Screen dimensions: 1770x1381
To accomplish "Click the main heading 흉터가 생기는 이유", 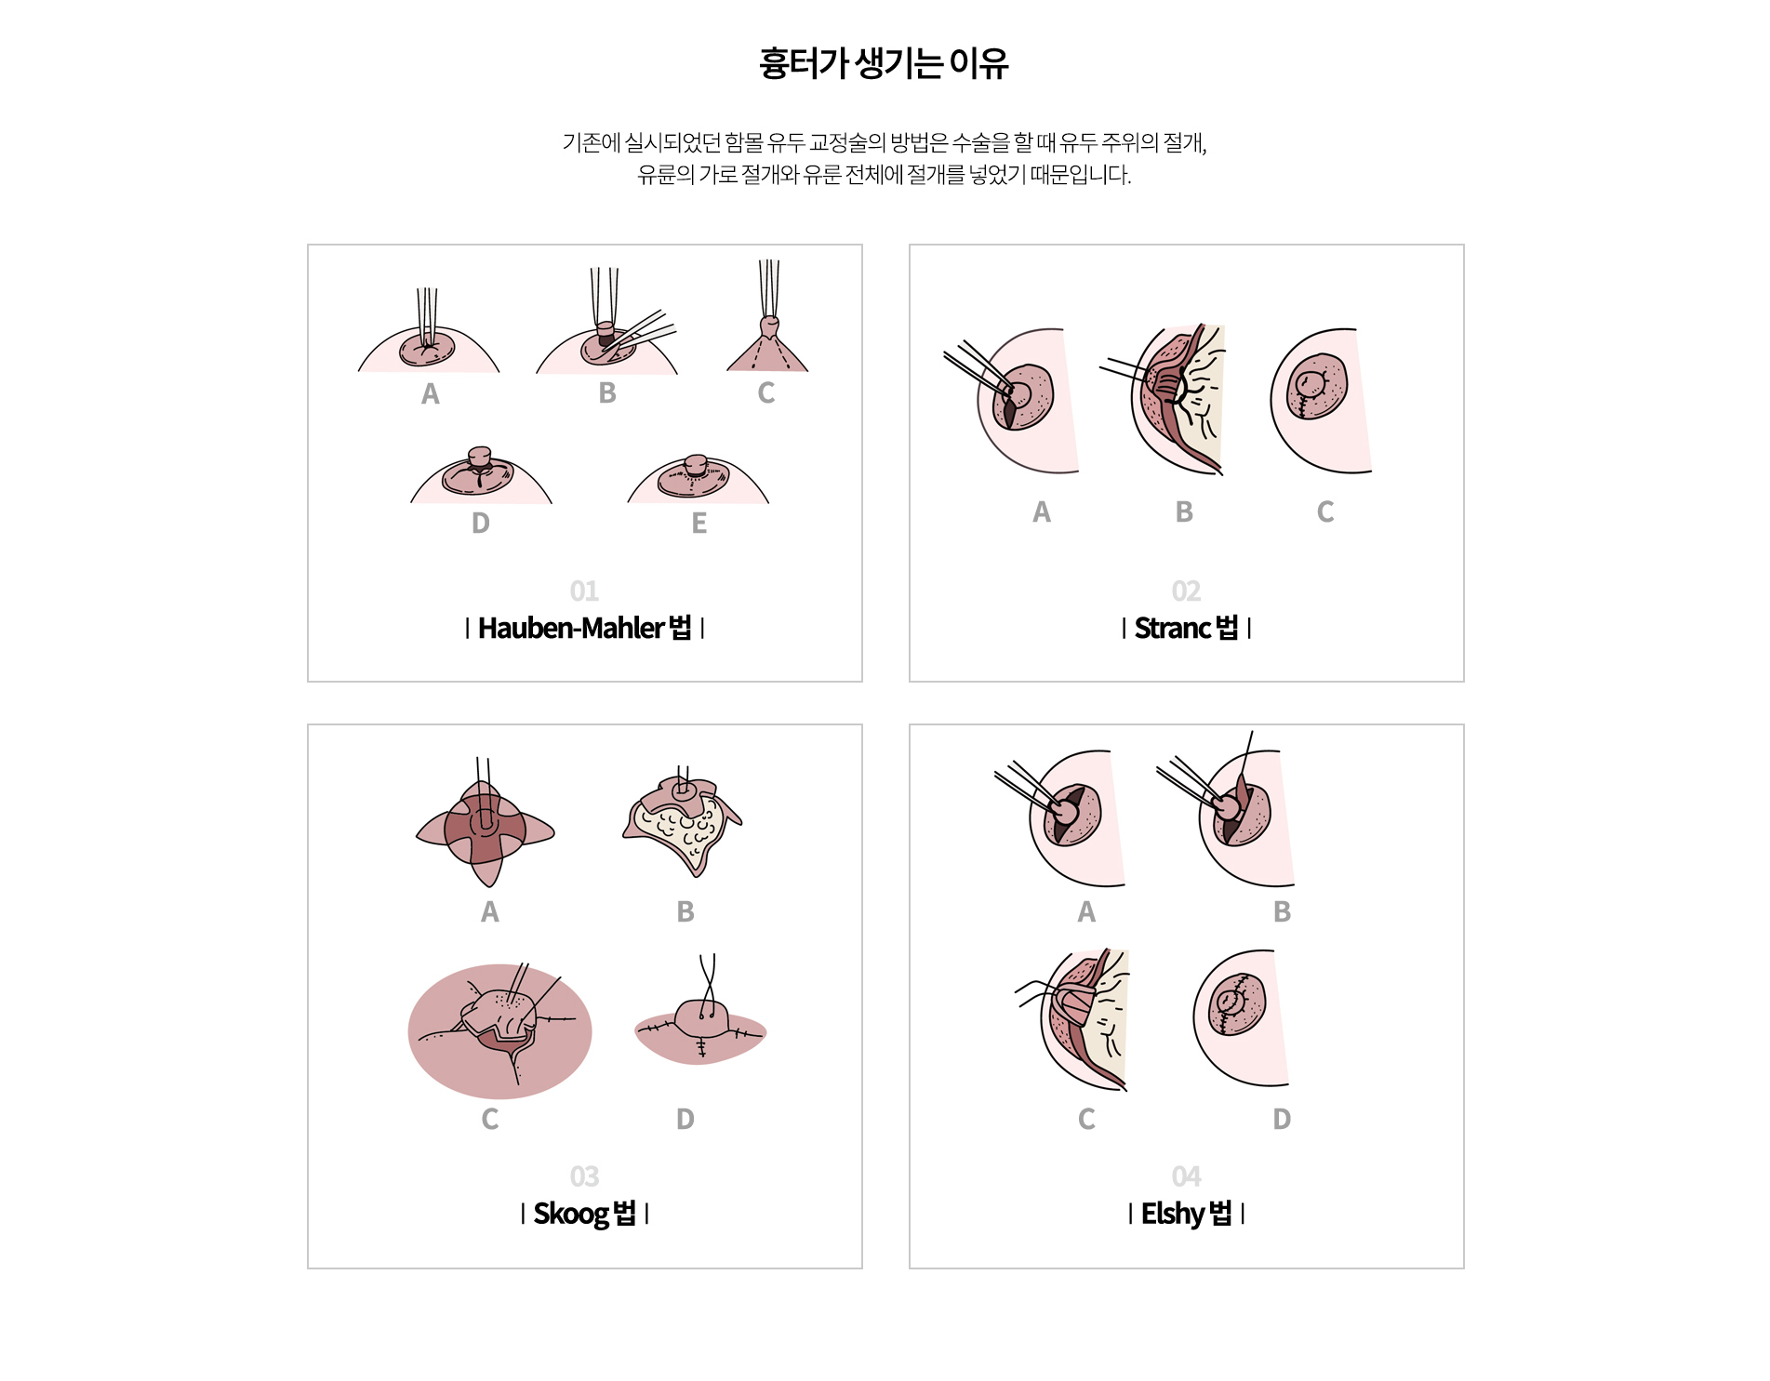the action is pyautogui.click(x=884, y=63).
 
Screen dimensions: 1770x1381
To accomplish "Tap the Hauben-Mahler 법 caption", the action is pyautogui.click(x=584, y=629).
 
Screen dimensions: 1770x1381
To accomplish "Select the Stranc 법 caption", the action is pyautogui.click(x=1186, y=629).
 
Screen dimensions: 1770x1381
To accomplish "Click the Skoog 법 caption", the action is pyautogui.click(x=584, y=1214).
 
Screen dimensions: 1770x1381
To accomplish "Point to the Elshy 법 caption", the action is pyautogui.click(x=1186, y=1214).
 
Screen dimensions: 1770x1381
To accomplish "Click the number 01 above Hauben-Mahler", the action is pyautogui.click(x=584, y=591).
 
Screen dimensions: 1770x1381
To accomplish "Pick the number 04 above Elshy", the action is pyautogui.click(x=1186, y=1177).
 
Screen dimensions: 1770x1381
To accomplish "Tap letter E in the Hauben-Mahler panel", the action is pyautogui.click(x=699, y=524).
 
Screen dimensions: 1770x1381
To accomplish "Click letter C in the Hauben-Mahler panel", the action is pyautogui.click(x=765, y=393).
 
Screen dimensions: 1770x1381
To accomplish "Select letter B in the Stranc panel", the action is pyautogui.click(x=1184, y=512).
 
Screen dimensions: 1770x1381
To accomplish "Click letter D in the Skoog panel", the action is pyautogui.click(x=685, y=1119).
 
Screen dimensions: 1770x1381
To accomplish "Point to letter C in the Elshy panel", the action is pyautogui.click(x=1086, y=1119).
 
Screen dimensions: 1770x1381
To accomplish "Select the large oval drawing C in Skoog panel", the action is pyautogui.click(x=500, y=1030).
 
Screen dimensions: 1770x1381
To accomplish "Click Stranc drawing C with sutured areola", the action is pyautogui.click(x=1321, y=401).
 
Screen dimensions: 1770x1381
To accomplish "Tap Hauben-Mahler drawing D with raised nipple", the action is pyautogui.click(x=481, y=476).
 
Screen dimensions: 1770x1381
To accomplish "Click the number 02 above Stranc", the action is pyautogui.click(x=1186, y=591).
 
